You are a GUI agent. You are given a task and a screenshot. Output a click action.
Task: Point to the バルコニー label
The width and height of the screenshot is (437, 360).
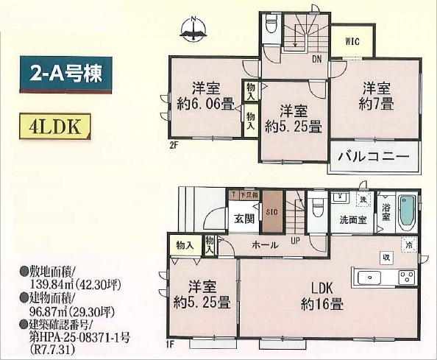point(373,157)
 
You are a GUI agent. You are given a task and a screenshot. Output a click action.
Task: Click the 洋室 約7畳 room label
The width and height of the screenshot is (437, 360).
point(373,93)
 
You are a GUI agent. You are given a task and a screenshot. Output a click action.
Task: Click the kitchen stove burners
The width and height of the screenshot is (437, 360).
point(408,278)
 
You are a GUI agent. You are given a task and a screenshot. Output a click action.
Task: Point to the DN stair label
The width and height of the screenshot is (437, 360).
point(316,59)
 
